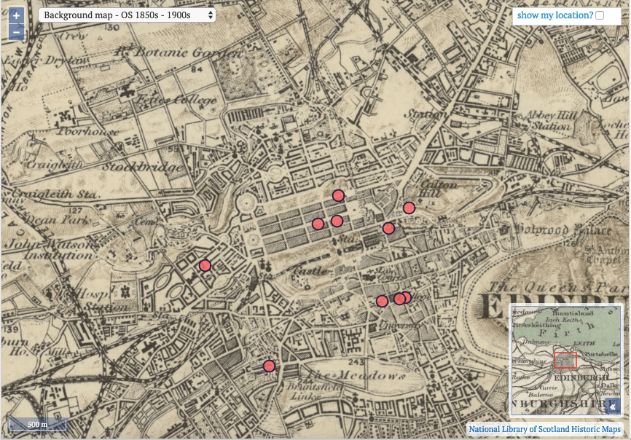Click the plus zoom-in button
tap(16, 15)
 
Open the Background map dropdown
tap(127, 15)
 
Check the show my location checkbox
tap(600, 15)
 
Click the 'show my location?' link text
tap(555, 15)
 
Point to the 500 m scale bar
tap(37, 424)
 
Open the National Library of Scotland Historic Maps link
tap(544, 429)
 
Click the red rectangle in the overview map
tap(565, 360)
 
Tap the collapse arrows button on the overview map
tap(614, 406)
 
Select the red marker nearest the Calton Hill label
tap(409, 208)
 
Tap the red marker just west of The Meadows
tap(269, 366)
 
